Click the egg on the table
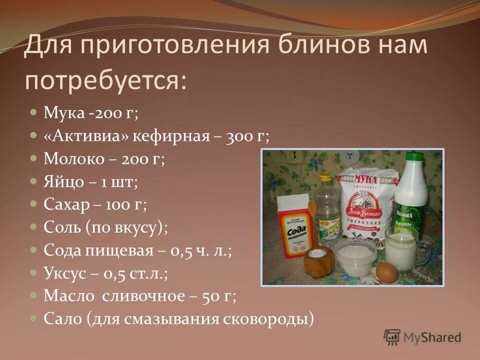pyautogui.click(x=387, y=272)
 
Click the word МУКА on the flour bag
pyautogui.click(x=366, y=178)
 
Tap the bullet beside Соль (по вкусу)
pyautogui.click(x=33, y=226)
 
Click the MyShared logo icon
pyautogui.click(x=392, y=337)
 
